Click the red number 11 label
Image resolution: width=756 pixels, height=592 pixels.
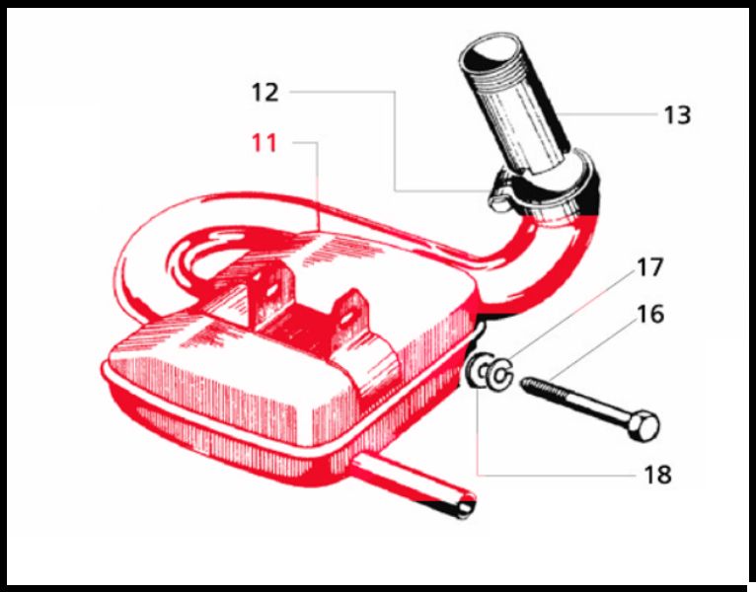click(x=265, y=143)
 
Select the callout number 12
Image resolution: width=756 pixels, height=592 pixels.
click(x=265, y=92)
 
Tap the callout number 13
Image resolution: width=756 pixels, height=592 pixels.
click(x=677, y=115)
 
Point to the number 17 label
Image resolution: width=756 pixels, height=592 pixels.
click(x=650, y=267)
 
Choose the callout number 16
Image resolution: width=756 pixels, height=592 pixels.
click(x=650, y=314)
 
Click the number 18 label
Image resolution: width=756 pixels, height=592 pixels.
click(x=657, y=475)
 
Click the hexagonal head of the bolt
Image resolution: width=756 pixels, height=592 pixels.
click(x=643, y=426)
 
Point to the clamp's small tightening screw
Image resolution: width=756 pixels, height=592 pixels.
click(x=498, y=202)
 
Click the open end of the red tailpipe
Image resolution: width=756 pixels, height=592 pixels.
click(x=465, y=507)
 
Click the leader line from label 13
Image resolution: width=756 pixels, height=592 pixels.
click(x=612, y=114)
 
